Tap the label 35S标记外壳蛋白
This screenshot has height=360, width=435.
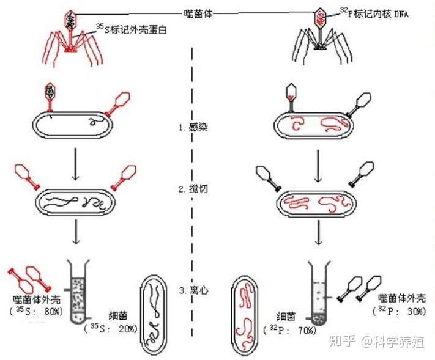[x=131, y=29]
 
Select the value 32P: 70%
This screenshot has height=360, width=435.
[x=292, y=330]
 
